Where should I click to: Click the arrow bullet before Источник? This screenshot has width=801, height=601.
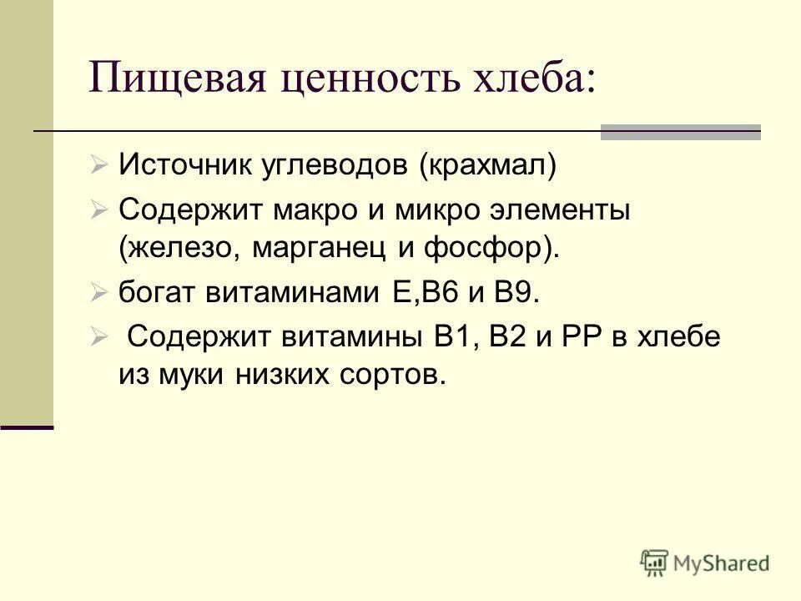[99, 164]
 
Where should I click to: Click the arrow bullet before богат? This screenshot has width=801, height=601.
[99, 293]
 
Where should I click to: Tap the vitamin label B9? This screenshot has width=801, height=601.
[517, 293]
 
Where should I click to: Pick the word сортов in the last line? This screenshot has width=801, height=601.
[383, 375]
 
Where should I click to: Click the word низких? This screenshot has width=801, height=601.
[270, 375]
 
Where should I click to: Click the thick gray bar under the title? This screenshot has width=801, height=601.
[681, 132]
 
